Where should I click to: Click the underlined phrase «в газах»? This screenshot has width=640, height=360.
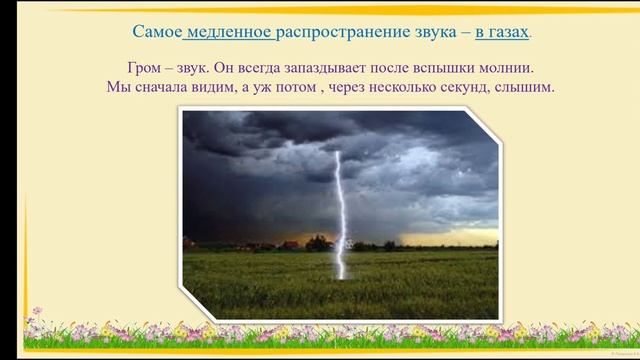pos(502,32)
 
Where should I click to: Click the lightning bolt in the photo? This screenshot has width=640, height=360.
pos(337,200)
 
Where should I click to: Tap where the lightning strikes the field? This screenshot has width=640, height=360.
pos(342,276)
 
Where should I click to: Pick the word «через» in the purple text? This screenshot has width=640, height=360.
pos(343,87)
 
